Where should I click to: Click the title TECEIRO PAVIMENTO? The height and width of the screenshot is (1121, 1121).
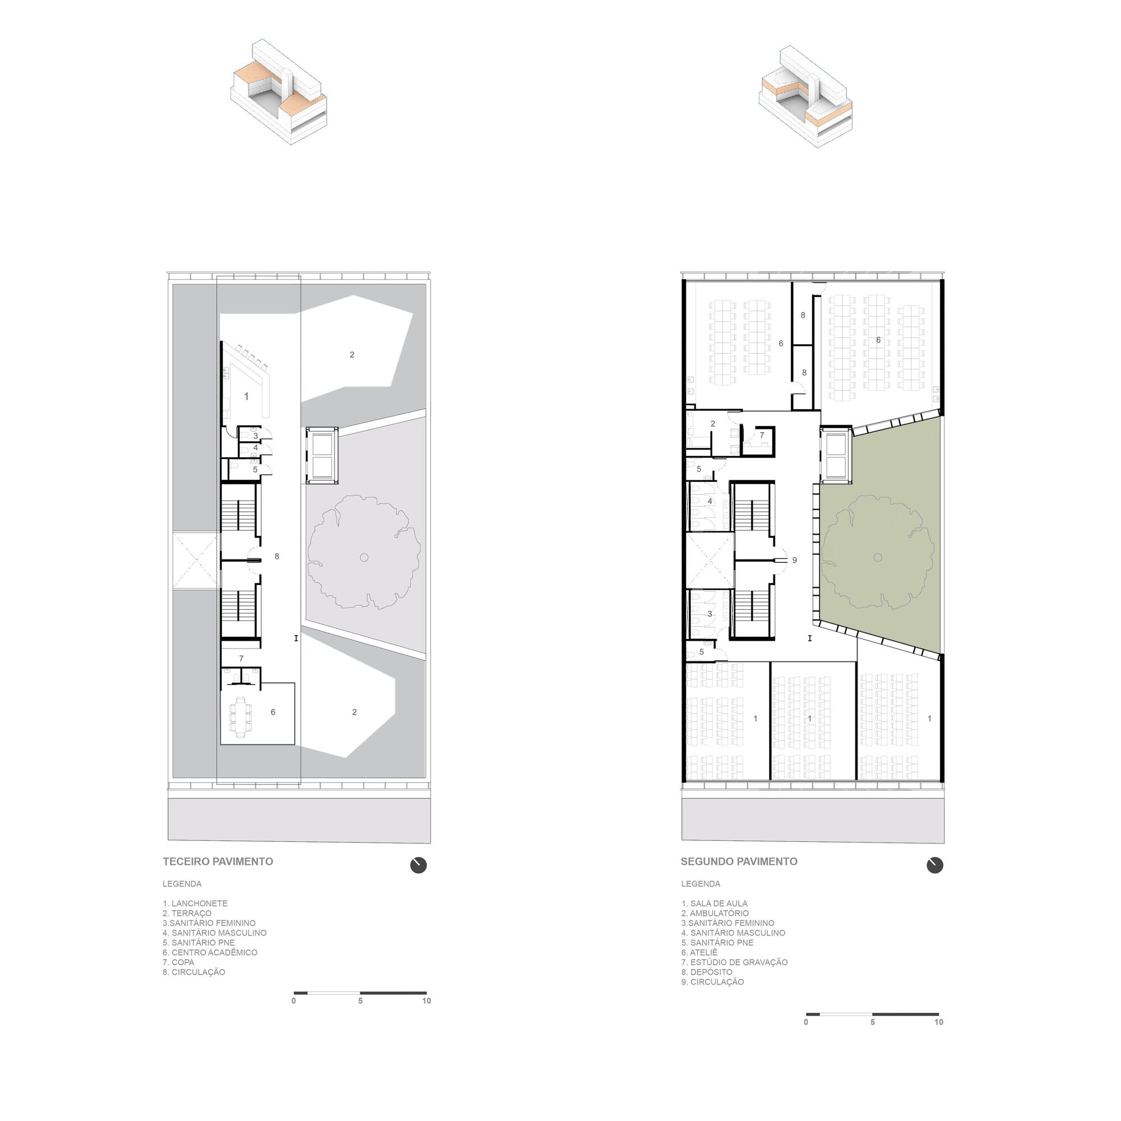217,861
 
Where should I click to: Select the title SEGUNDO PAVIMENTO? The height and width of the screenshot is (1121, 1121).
739,861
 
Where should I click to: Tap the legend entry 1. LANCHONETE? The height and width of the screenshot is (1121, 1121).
195,904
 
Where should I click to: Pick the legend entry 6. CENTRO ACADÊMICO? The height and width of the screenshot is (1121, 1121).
210,952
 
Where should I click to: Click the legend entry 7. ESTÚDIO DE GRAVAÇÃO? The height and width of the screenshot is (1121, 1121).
734,962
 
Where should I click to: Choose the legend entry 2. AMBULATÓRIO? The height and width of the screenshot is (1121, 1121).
715,913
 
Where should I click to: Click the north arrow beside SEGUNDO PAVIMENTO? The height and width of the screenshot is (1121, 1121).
935,865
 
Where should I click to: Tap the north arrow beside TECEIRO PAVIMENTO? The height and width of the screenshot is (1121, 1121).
418,865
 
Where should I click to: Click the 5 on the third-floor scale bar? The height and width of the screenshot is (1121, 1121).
360,1001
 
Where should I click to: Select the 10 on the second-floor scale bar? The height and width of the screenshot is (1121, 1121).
939,1022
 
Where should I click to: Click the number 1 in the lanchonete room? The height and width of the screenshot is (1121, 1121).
247,396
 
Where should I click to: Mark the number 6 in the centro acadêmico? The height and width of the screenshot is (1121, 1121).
273,712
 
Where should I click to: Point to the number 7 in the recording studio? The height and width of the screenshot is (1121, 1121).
762,435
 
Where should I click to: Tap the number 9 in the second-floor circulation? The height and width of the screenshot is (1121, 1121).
794,560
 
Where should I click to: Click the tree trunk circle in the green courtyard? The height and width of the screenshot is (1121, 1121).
877,558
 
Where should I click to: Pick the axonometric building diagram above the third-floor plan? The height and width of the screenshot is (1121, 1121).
279,92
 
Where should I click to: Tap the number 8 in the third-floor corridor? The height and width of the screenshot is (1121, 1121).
277,557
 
